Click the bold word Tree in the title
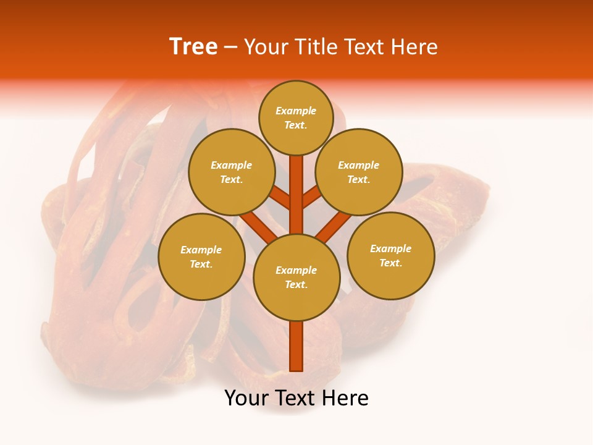click(193, 47)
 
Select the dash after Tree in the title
click(230, 48)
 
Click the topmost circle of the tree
click(296, 117)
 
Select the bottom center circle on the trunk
click(296, 278)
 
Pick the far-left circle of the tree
click(201, 256)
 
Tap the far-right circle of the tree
click(391, 255)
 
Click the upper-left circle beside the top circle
click(232, 172)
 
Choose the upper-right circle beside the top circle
click(359, 172)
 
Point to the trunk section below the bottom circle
click(296, 346)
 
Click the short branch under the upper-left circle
click(280, 198)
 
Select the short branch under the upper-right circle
click(312, 197)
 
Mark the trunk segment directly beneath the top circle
click(296, 185)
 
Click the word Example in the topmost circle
click(296, 111)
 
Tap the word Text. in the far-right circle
click(390, 263)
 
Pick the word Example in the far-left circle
click(201, 250)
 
